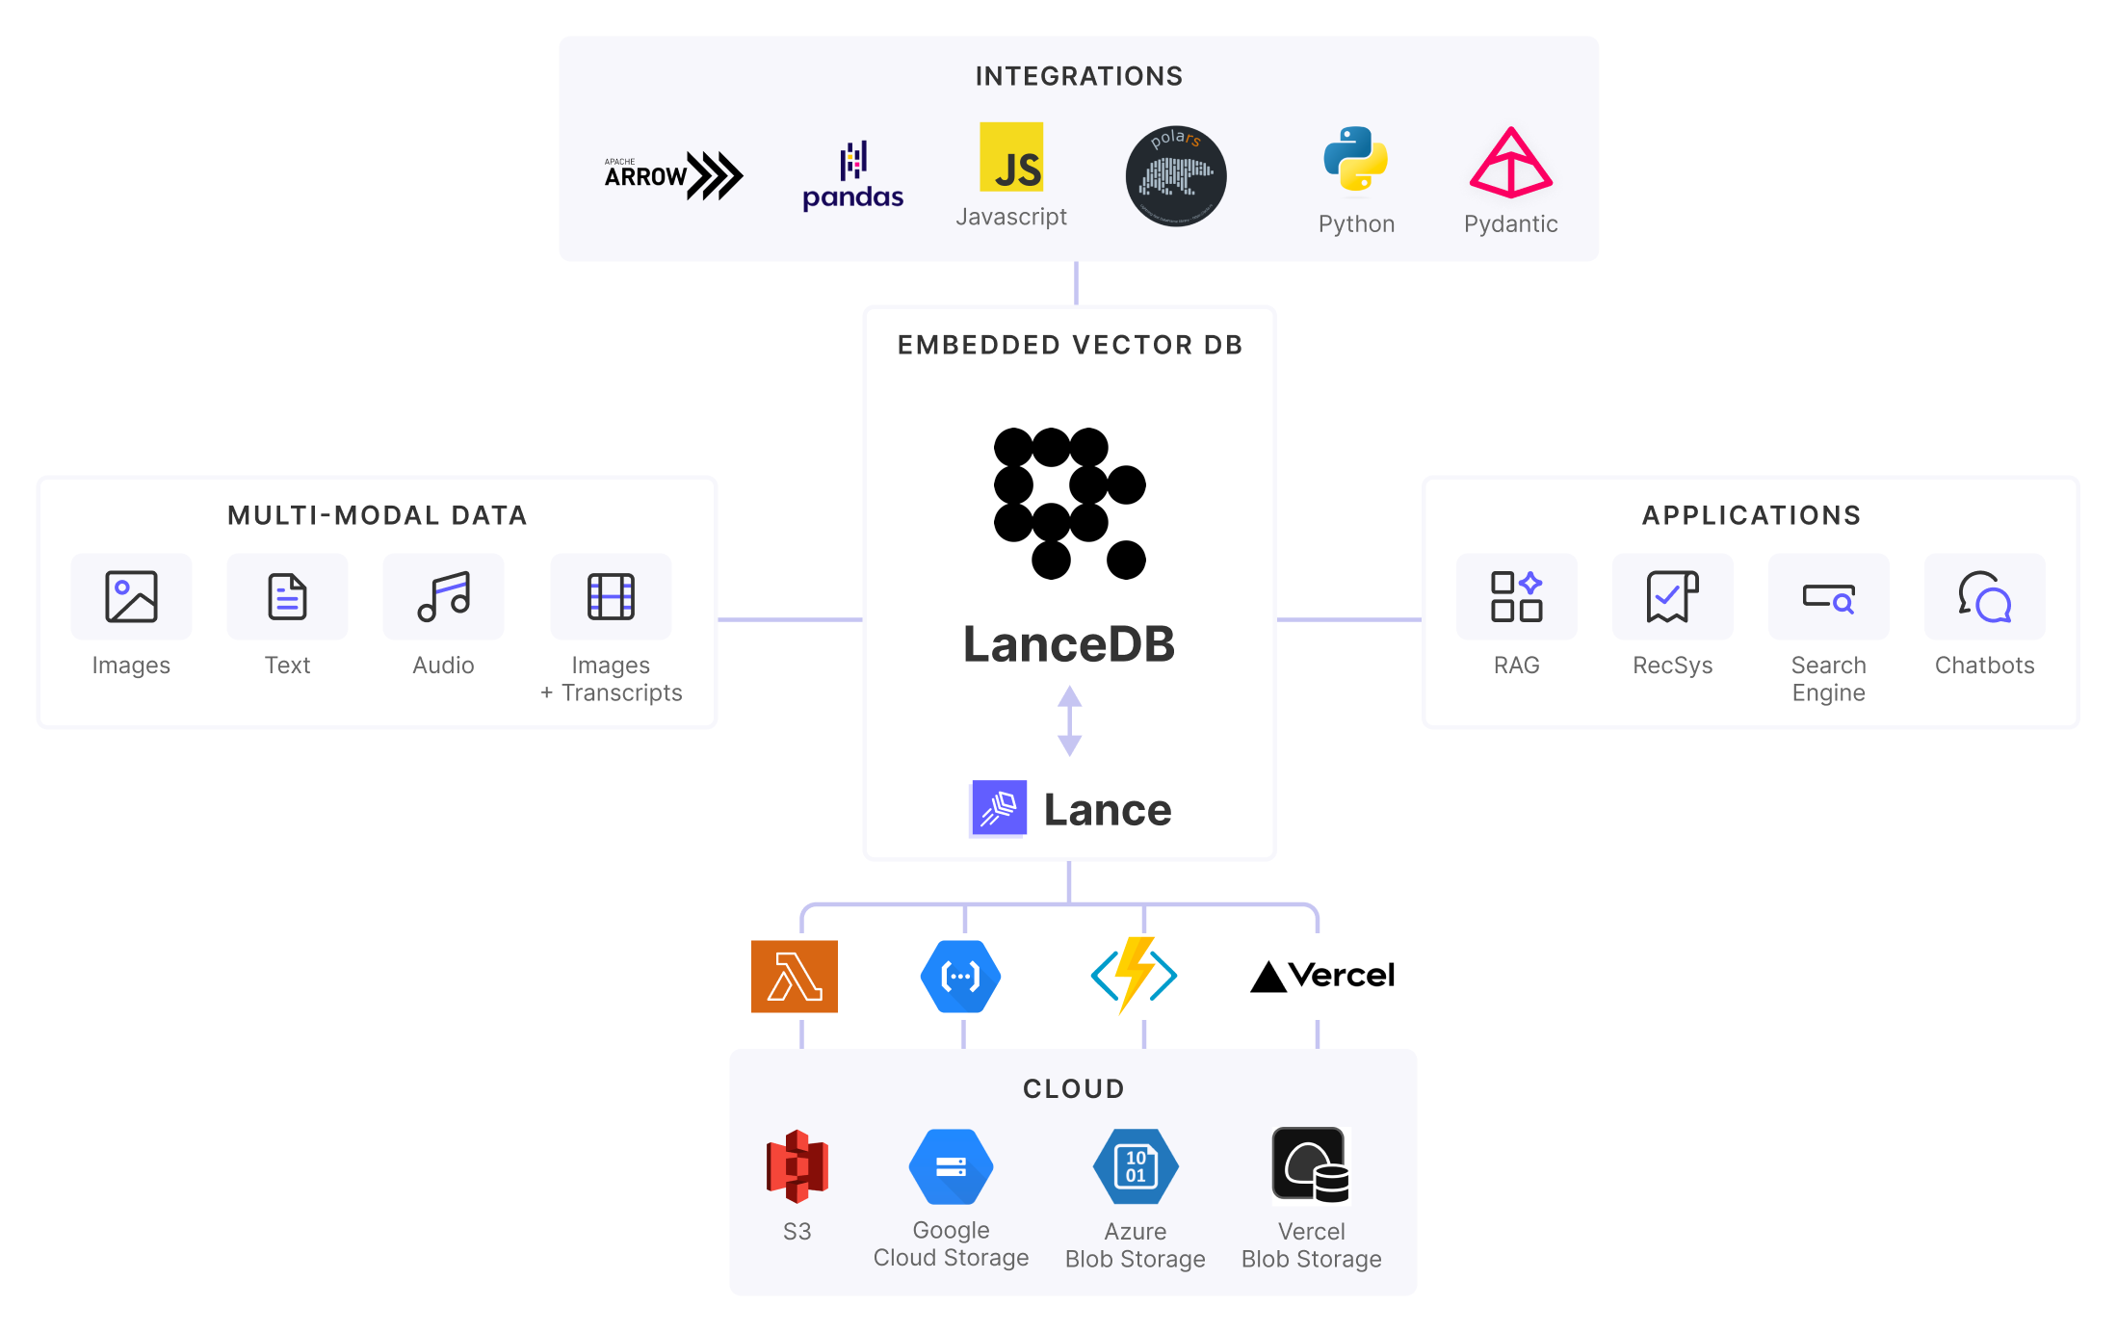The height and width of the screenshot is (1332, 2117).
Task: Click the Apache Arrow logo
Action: click(673, 175)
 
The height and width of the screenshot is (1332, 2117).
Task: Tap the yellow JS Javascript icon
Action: click(1011, 157)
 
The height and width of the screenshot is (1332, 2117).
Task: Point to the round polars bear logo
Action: click(1175, 176)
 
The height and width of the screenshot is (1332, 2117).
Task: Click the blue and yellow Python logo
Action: click(1355, 159)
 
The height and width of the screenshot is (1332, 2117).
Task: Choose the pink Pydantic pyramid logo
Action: click(1510, 163)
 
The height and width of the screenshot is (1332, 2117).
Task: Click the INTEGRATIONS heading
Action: click(1079, 76)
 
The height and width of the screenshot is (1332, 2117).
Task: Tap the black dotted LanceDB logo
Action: click(1069, 503)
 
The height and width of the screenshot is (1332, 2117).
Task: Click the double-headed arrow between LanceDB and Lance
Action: click(1069, 720)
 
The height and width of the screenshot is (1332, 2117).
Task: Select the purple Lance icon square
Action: click(999, 808)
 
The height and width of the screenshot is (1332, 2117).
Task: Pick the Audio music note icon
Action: click(443, 596)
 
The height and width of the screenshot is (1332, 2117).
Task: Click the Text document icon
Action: click(287, 596)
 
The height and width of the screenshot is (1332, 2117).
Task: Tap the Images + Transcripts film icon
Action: click(611, 596)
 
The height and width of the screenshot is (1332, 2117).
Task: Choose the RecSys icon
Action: click(1672, 596)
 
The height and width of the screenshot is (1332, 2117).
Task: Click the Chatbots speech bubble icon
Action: click(1984, 596)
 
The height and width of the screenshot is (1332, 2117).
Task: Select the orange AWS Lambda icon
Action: click(795, 976)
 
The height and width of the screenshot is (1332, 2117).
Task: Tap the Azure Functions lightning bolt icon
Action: click(1135, 975)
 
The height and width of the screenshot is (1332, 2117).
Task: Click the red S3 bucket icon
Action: click(797, 1166)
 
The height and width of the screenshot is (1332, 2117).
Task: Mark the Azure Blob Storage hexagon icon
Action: click(1136, 1166)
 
